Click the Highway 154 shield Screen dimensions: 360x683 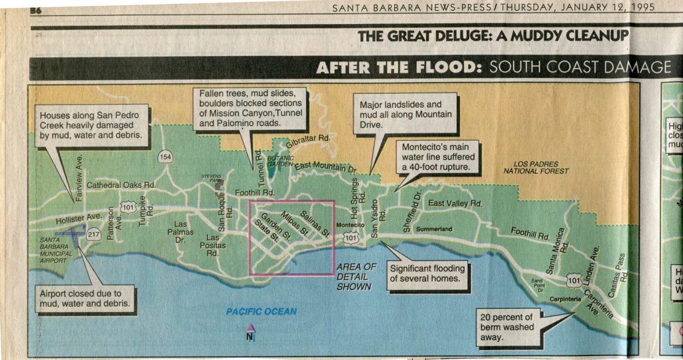pos(165,157)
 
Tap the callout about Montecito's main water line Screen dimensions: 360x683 pos(437,156)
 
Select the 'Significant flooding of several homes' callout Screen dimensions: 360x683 pos(427,273)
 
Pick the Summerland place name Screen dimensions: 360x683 pos(434,229)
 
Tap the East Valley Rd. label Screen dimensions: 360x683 pos(455,203)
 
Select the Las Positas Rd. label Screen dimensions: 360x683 pos(213,245)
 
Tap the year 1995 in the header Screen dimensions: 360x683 pos(638,7)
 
